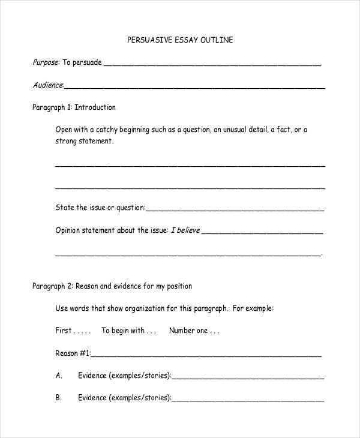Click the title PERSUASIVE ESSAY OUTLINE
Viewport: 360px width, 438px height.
pyautogui.click(x=180, y=40)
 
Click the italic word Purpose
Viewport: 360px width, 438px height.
pyautogui.click(x=45, y=62)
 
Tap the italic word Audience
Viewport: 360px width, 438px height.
pyautogui.click(x=47, y=85)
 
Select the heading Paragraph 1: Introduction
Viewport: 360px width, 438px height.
pyautogui.click(x=74, y=107)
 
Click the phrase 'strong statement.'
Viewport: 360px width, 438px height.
pyautogui.click(x=84, y=141)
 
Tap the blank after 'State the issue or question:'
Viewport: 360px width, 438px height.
pyautogui.click(x=235, y=210)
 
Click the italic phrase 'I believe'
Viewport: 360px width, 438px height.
pyautogui.click(x=185, y=230)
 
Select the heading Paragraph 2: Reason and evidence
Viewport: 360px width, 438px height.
pyautogui.click(x=112, y=286)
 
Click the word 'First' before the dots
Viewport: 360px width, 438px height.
pyautogui.click(x=64, y=330)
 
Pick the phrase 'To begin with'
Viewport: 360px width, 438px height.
pyautogui.click(x=122, y=330)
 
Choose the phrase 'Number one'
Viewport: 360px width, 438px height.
pyautogui.click(x=188, y=330)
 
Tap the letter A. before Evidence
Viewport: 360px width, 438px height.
pyautogui.click(x=59, y=376)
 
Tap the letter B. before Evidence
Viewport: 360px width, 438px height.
pyautogui.click(x=59, y=397)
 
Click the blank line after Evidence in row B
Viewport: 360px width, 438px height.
pyautogui.click(x=248, y=400)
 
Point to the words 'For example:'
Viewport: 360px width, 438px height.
pyautogui.click(x=253, y=308)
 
